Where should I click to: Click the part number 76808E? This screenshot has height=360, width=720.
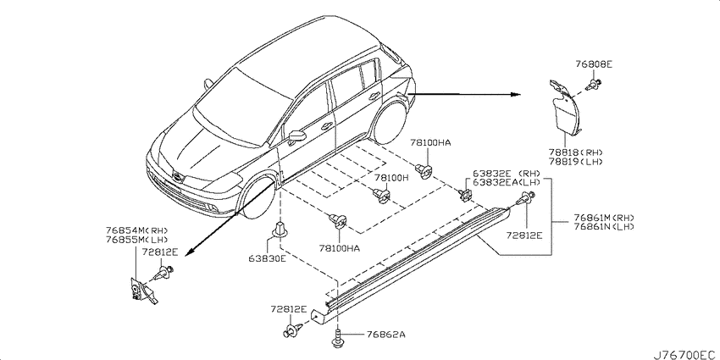pyautogui.click(x=594, y=64)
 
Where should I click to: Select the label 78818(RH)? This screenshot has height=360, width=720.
pyautogui.click(x=575, y=152)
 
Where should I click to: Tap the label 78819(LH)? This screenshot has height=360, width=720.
pyautogui.click(x=575, y=161)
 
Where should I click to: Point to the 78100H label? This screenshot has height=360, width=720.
pyautogui.click(x=390, y=177)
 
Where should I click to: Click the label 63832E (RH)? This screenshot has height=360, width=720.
pyautogui.click(x=504, y=174)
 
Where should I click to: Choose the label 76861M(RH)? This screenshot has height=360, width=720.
pyautogui.click(x=604, y=218)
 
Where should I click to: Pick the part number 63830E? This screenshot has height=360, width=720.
pyautogui.click(x=267, y=258)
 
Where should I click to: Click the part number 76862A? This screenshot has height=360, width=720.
pyautogui.click(x=385, y=335)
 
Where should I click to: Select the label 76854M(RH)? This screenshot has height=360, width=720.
pyautogui.click(x=137, y=230)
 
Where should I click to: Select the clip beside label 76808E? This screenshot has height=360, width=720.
pyautogui.click(x=595, y=84)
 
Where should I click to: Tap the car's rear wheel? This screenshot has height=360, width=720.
pyautogui.click(x=390, y=124)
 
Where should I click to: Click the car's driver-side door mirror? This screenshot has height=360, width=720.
pyautogui.click(x=297, y=137)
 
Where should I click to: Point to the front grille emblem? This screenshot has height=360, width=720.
pyautogui.click(x=176, y=177)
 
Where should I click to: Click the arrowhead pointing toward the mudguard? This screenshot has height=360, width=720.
pyautogui.click(x=516, y=95)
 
